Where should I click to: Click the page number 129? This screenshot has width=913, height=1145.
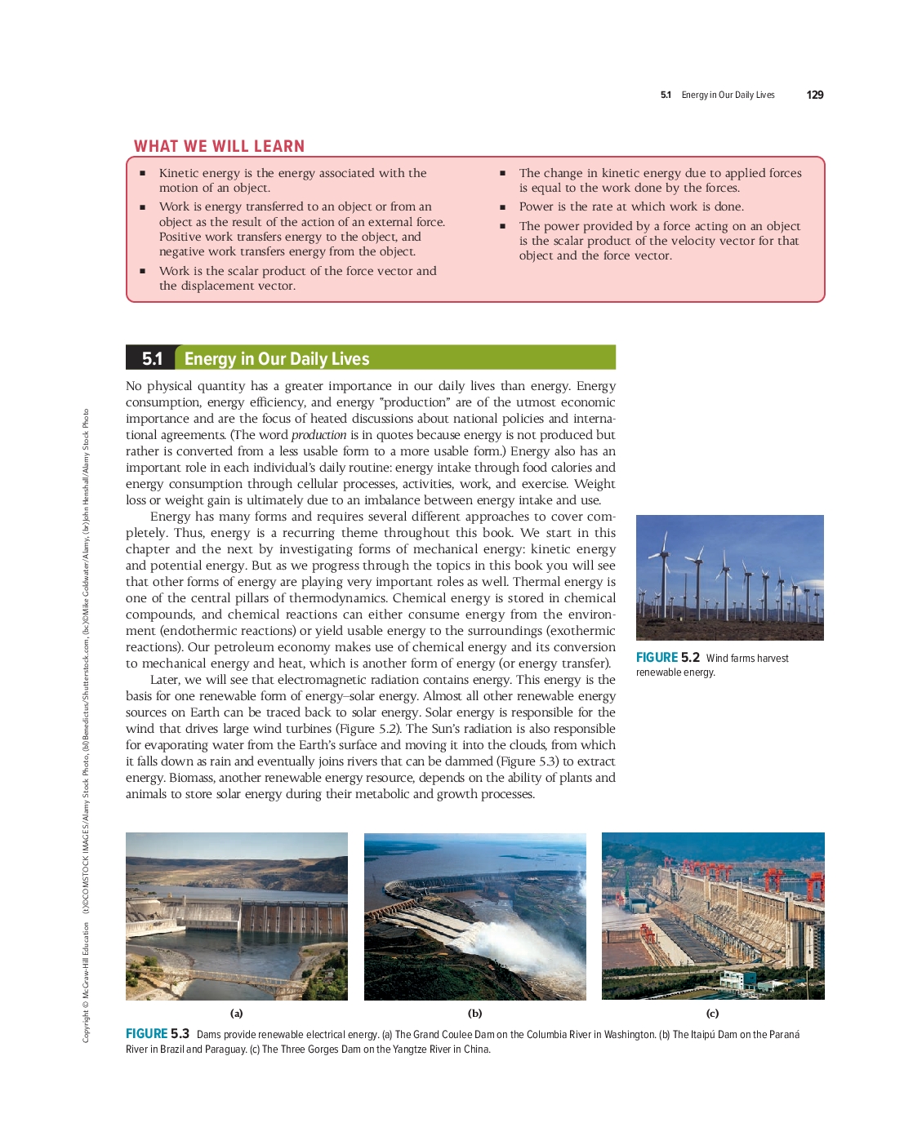click(x=814, y=95)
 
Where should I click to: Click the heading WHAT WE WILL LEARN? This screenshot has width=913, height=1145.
click(x=219, y=146)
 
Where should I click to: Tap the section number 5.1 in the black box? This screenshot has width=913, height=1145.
click(x=152, y=358)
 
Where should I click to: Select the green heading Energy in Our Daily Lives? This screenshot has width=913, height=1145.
click(x=277, y=359)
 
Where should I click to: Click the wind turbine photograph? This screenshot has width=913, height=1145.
click(x=729, y=577)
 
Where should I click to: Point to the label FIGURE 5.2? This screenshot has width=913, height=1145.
click(x=667, y=658)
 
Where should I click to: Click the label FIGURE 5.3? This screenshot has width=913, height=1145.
click(x=157, y=1034)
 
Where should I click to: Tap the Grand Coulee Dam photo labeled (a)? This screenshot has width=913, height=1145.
click(x=236, y=916)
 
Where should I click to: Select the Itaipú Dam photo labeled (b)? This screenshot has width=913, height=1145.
click(x=474, y=916)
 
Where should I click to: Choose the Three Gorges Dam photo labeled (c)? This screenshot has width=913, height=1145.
click(x=712, y=916)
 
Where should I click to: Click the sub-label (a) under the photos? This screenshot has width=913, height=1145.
click(x=236, y=1014)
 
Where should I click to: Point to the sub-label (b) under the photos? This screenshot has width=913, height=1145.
click(x=474, y=1014)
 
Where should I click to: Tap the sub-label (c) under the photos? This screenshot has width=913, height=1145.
click(x=712, y=1014)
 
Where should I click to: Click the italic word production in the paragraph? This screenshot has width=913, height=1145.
click(x=318, y=435)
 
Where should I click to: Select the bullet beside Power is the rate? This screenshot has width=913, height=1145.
click(x=502, y=207)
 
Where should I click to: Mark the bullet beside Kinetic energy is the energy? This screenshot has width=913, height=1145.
click(x=142, y=173)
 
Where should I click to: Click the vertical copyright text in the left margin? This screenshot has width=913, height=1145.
click(x=86, y=726)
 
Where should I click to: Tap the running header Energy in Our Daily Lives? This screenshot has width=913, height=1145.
click(x=728, y=95)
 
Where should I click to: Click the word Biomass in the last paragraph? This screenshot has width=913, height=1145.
click(x=190, y=778)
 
